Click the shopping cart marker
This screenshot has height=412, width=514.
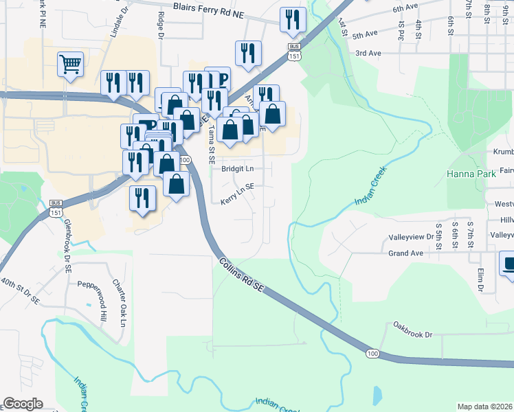point(70,65)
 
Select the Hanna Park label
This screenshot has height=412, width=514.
point(471,175)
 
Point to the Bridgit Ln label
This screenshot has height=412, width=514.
point(237,168)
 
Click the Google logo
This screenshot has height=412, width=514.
point(23,404)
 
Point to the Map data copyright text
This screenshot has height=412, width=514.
point(485,407)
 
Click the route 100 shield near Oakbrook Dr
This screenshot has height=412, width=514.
point(372,353)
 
